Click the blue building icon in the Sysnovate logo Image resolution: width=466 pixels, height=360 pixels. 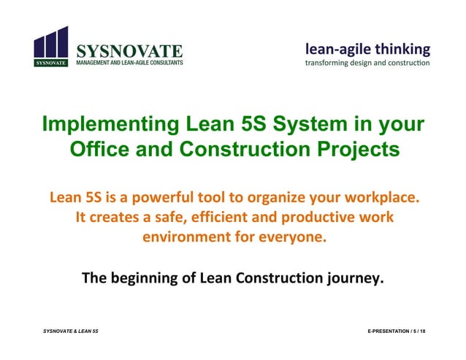coord(51,45)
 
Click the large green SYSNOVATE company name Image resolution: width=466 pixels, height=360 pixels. coord(129,51)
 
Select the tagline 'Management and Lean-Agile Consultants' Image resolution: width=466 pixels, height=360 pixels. coord(130,63)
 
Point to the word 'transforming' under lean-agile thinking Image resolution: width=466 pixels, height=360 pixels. coord(329,63)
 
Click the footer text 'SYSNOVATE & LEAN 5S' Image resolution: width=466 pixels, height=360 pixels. coord(72,332)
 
